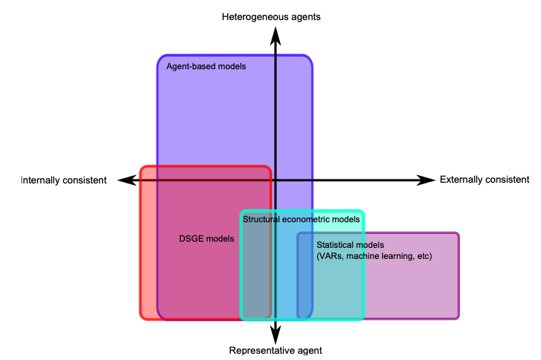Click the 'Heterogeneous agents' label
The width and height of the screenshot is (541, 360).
(x=272, y=16)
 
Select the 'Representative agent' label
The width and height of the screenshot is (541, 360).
(x=276, y=350)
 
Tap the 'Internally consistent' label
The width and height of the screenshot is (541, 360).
(x=64, y=180)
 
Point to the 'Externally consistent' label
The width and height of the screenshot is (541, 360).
(x=484, y=180)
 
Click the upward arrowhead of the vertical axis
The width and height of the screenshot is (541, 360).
(x=276, y=35)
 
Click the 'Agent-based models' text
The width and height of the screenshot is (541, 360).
(x=206, y=67)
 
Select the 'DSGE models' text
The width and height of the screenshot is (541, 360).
(x=206, y=239)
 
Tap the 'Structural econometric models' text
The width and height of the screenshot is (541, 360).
(x=301, y=219)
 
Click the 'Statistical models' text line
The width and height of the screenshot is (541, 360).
(x=350, y=245)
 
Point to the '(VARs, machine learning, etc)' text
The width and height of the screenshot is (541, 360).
(x=374, y=256)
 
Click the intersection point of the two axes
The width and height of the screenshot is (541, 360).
(x=276, y=180)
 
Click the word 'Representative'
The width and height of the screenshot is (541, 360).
(x=258, y=350)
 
